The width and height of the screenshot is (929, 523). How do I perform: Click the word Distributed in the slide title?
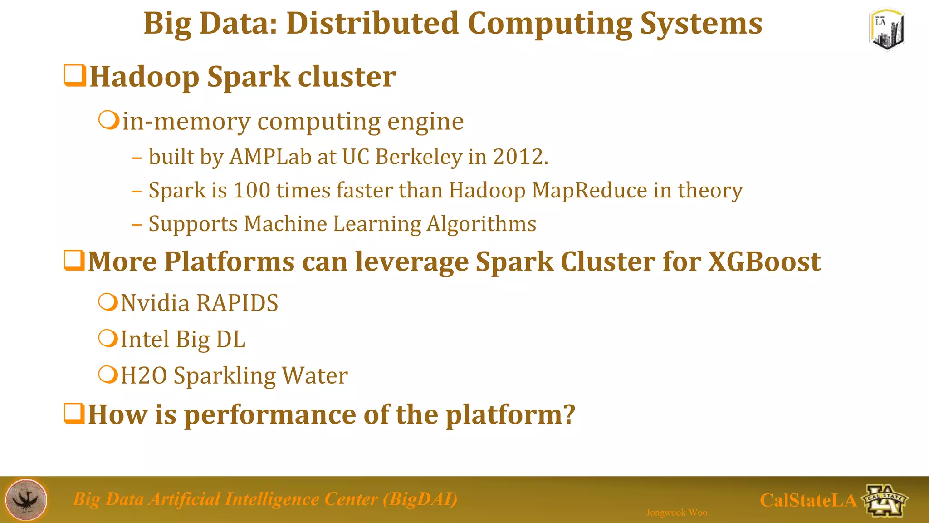coord(372,24)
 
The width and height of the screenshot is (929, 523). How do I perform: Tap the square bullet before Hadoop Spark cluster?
coord(75,76)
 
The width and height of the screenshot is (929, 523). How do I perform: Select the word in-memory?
coord(186,122)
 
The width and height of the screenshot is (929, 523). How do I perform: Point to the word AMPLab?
coord(270,157)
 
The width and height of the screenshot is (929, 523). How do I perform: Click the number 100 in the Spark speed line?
coord(252,190)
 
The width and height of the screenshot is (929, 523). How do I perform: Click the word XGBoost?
coord(764,262)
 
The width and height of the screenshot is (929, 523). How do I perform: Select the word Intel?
coord(145,339)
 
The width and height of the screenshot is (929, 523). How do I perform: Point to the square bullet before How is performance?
coord(74,414)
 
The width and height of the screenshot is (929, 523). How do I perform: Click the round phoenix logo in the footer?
coord(26,499)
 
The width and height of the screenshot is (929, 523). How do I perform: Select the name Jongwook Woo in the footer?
coord(676,513)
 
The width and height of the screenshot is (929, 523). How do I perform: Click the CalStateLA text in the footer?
coord(808,500)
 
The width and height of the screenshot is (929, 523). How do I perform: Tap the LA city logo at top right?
coord(887,29)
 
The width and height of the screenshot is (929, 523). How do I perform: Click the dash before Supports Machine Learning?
coord(137,224)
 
